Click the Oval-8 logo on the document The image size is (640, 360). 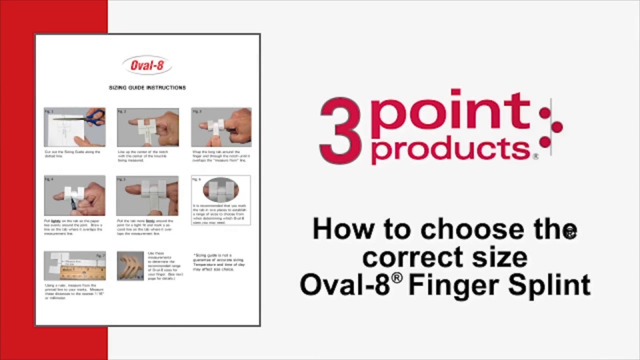pyautogui.click(x=147, y=65)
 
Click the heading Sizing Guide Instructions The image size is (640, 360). pyautogui.click(x=147, y=87)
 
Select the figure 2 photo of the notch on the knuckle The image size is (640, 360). pyautogui.click(x=147, y=127)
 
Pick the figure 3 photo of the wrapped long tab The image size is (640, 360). pyautogui.click(x=221, y=127)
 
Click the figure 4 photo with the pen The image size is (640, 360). pyautogui.click(x=75, y=196)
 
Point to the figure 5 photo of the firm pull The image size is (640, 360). pyautogui.click(x=147, y=196)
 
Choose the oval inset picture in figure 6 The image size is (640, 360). pyautogui.click(x=221, y=190)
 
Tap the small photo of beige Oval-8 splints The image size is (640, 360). pyautogui.click(x=130, y=265)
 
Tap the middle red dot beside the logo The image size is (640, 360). pyautogui.click(x=557, y=125)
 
